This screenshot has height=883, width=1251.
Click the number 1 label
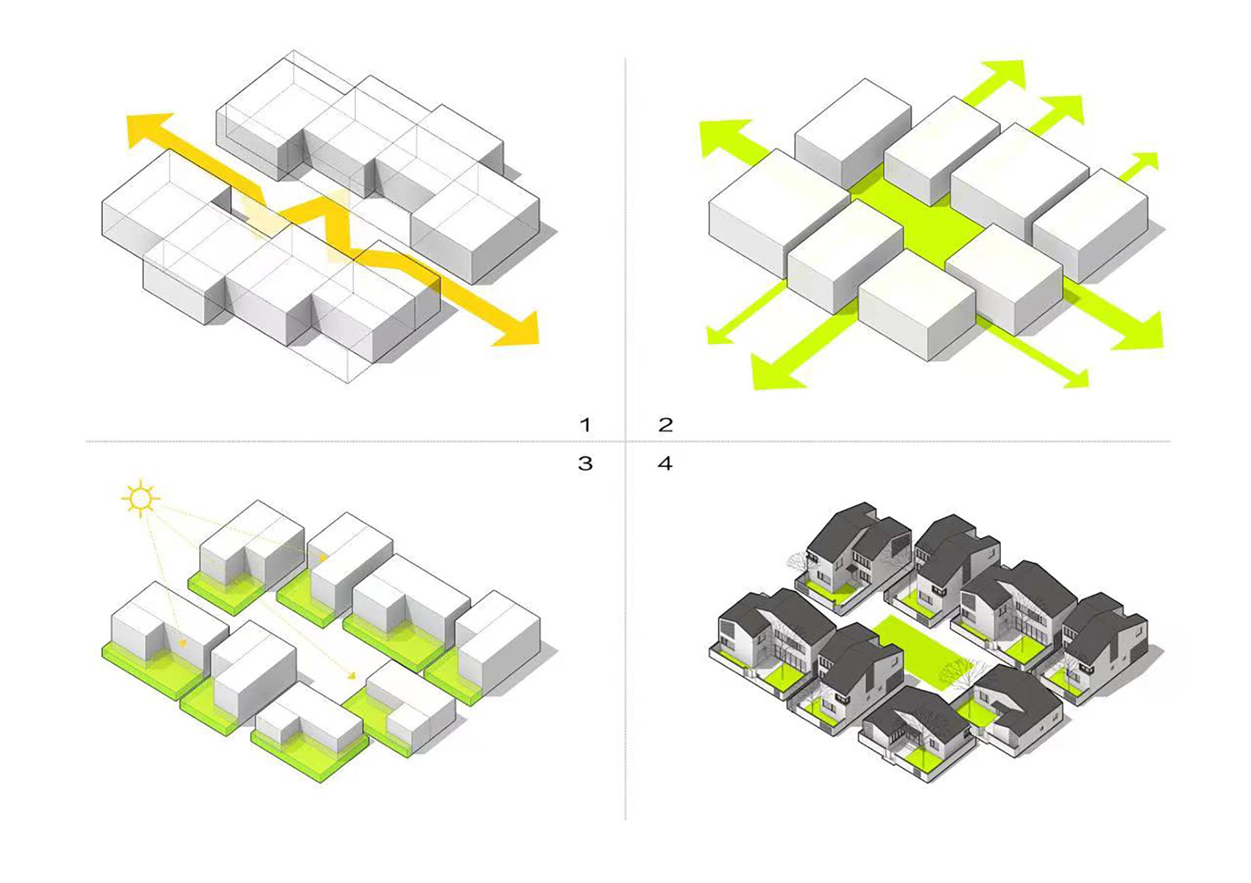(x=585, y=425)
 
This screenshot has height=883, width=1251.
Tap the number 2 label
(x=665, y=425)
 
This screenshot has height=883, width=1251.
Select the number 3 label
(x=585, y=464)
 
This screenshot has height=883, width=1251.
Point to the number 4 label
(x=665, y=464)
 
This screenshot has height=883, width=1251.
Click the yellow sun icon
(x=140, y=499)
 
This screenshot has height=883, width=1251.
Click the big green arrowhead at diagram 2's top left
(x=725, y=136)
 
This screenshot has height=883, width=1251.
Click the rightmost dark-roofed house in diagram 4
(x=1104, y=640)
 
